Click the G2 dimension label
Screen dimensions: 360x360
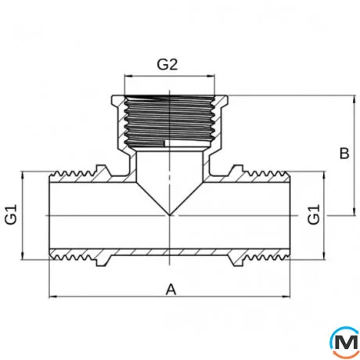point(167,64)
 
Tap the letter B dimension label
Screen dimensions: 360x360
point(344,153)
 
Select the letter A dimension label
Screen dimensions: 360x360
point(171,290)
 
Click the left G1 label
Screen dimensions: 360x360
point(11,214)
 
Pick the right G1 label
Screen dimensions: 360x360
point(314,214)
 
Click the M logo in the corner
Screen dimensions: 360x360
point(344,342)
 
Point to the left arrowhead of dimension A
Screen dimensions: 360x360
point(53,297)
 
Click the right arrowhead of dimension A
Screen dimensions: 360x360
point(286,297)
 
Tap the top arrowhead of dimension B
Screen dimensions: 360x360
point(354,99)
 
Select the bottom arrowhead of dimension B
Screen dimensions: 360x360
point(354,212)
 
